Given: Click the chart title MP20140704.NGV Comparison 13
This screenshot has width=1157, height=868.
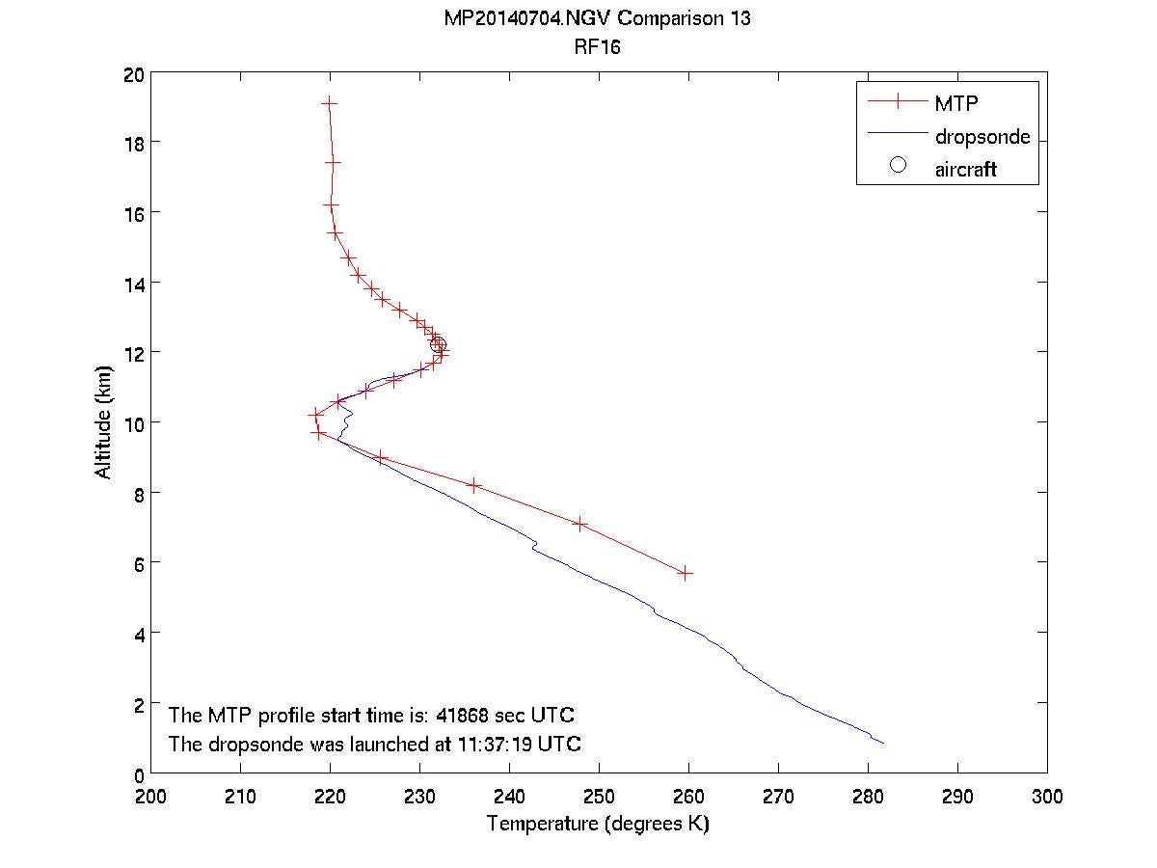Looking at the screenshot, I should pos(599,19).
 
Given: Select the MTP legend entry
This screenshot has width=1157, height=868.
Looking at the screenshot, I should pos(954,102).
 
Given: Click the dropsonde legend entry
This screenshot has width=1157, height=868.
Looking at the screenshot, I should pos(982,136).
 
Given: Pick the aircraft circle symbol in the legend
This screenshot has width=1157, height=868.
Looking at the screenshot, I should pos(898,165).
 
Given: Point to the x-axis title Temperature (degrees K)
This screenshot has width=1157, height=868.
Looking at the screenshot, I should pos(599,824).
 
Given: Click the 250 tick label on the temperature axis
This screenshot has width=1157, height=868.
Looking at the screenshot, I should pos(599,797).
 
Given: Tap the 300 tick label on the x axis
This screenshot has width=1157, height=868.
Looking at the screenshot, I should pos(1047,797).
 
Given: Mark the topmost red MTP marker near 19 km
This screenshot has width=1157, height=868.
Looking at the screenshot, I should pos(329,102).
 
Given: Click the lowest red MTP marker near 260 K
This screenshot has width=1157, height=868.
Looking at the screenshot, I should pos(685,573).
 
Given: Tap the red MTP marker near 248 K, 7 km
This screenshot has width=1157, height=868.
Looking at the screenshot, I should pos(579,524).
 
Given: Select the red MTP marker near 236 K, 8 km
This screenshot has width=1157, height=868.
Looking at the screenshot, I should pos(473,485).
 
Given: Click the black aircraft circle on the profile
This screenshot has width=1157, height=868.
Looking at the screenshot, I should pos(438,345).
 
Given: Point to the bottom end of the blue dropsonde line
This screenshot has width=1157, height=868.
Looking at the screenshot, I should pos(882,743).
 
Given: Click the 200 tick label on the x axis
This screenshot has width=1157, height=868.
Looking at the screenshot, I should pos(150,797).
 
